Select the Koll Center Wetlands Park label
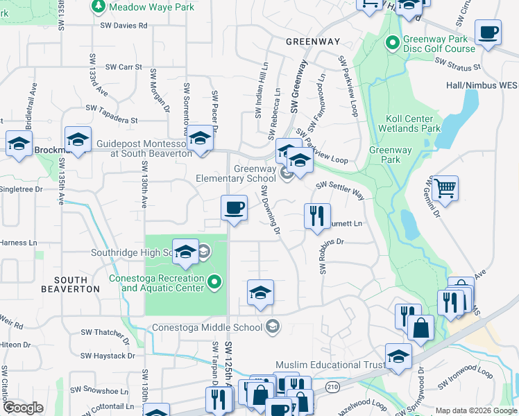(409, 123)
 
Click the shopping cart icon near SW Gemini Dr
(445, 188)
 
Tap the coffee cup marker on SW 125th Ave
(234, 207)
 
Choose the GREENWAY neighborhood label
(313, 42)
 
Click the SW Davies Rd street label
(124, 26)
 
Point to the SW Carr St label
(124, 67)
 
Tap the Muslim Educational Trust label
(330, 365)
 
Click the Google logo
(23, 408)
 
